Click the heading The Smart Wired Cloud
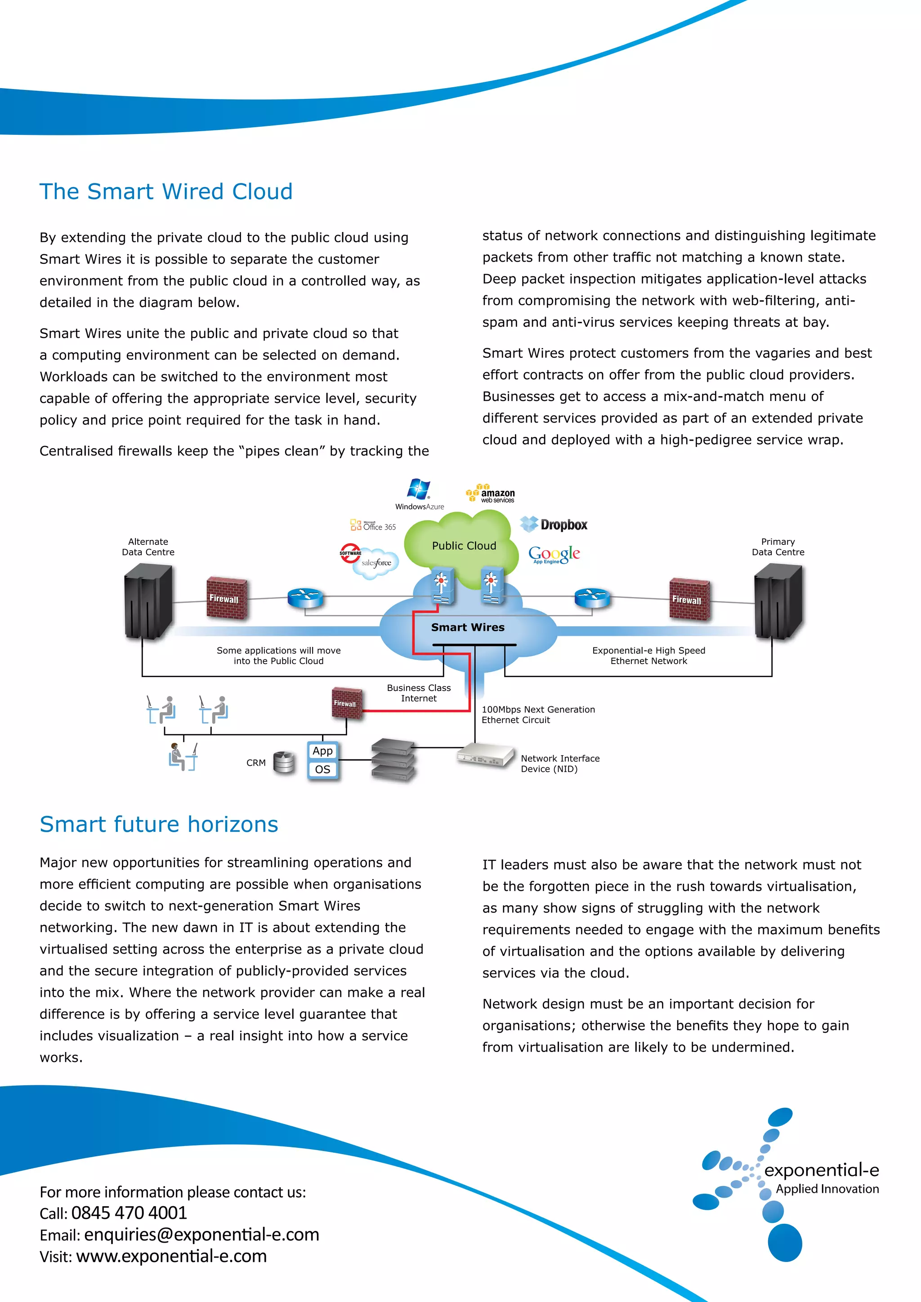165,192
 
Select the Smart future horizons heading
159,824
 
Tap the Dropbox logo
554,525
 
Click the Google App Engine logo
554,554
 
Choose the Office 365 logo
373,525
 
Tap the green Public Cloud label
464,545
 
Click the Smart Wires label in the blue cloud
467,627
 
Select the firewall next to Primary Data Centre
689,599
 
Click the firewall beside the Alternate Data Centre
226,598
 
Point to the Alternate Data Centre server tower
148,603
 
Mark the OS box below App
323,770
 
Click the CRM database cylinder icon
284,762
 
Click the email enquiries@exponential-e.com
201,1235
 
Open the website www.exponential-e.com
171,1256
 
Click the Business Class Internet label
419,693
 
